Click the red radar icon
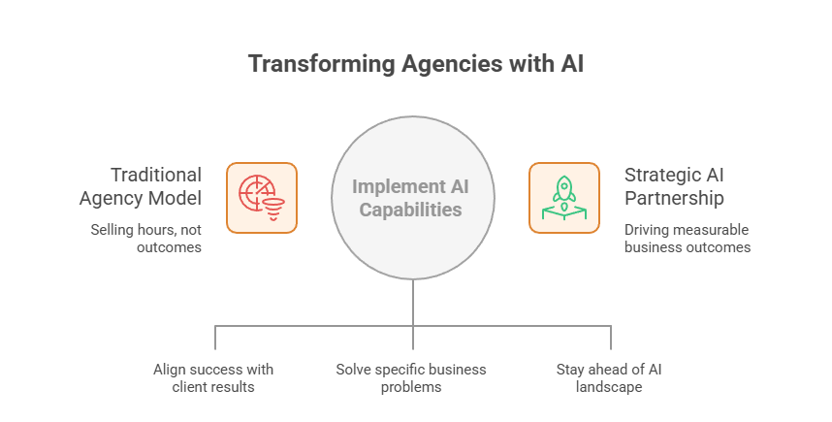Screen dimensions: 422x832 (262, 198)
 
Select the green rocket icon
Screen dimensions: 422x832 (563, 198)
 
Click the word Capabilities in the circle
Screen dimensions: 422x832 (413, 210)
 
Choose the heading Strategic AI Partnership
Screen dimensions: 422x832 (674, 186)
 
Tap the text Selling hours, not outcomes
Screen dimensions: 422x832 (145, 239)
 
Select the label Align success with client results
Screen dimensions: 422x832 (213, 377)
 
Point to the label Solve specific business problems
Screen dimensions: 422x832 (411, 377)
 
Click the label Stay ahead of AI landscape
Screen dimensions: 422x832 (609, 377)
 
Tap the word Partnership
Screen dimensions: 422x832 (674, 198)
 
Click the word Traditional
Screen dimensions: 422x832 (156, 175)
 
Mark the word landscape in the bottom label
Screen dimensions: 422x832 (609, 386)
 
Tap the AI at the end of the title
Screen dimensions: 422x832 (569, 65)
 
